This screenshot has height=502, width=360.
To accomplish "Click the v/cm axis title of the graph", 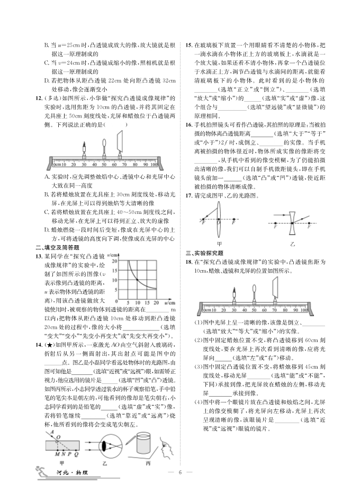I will coord(119,257).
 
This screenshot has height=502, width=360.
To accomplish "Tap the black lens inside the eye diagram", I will coord(104,445).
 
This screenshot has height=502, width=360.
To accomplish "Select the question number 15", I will coord(188,46).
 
